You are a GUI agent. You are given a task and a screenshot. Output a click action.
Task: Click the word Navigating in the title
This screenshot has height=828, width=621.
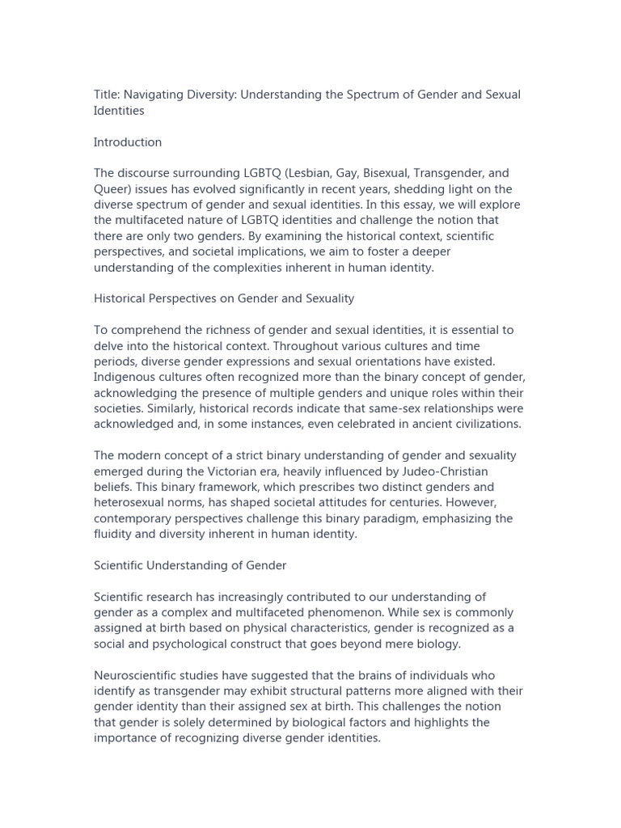(x=154, y=95)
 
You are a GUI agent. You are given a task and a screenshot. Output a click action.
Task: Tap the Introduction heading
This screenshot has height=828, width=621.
(x=128, y=142)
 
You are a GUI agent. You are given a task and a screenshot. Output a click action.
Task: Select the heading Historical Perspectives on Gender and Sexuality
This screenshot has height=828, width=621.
(x=224, y=298)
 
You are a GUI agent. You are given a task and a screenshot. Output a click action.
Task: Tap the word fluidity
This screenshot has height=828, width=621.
(x=114, y=534)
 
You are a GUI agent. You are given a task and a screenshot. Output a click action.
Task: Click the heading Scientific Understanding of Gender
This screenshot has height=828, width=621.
(x=190, y=565)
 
